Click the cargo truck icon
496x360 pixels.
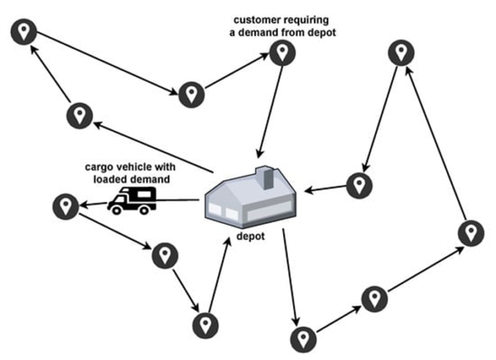[132, 200]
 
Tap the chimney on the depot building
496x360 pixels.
[265, 176]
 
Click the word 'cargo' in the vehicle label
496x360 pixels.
[98, 167]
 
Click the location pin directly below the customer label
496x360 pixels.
[280, 53]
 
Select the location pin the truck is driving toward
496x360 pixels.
[65, 207]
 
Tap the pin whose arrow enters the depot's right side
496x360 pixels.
[358, 185]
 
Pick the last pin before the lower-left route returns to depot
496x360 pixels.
[205, 323]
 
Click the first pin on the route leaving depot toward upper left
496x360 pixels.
[79, 116]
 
